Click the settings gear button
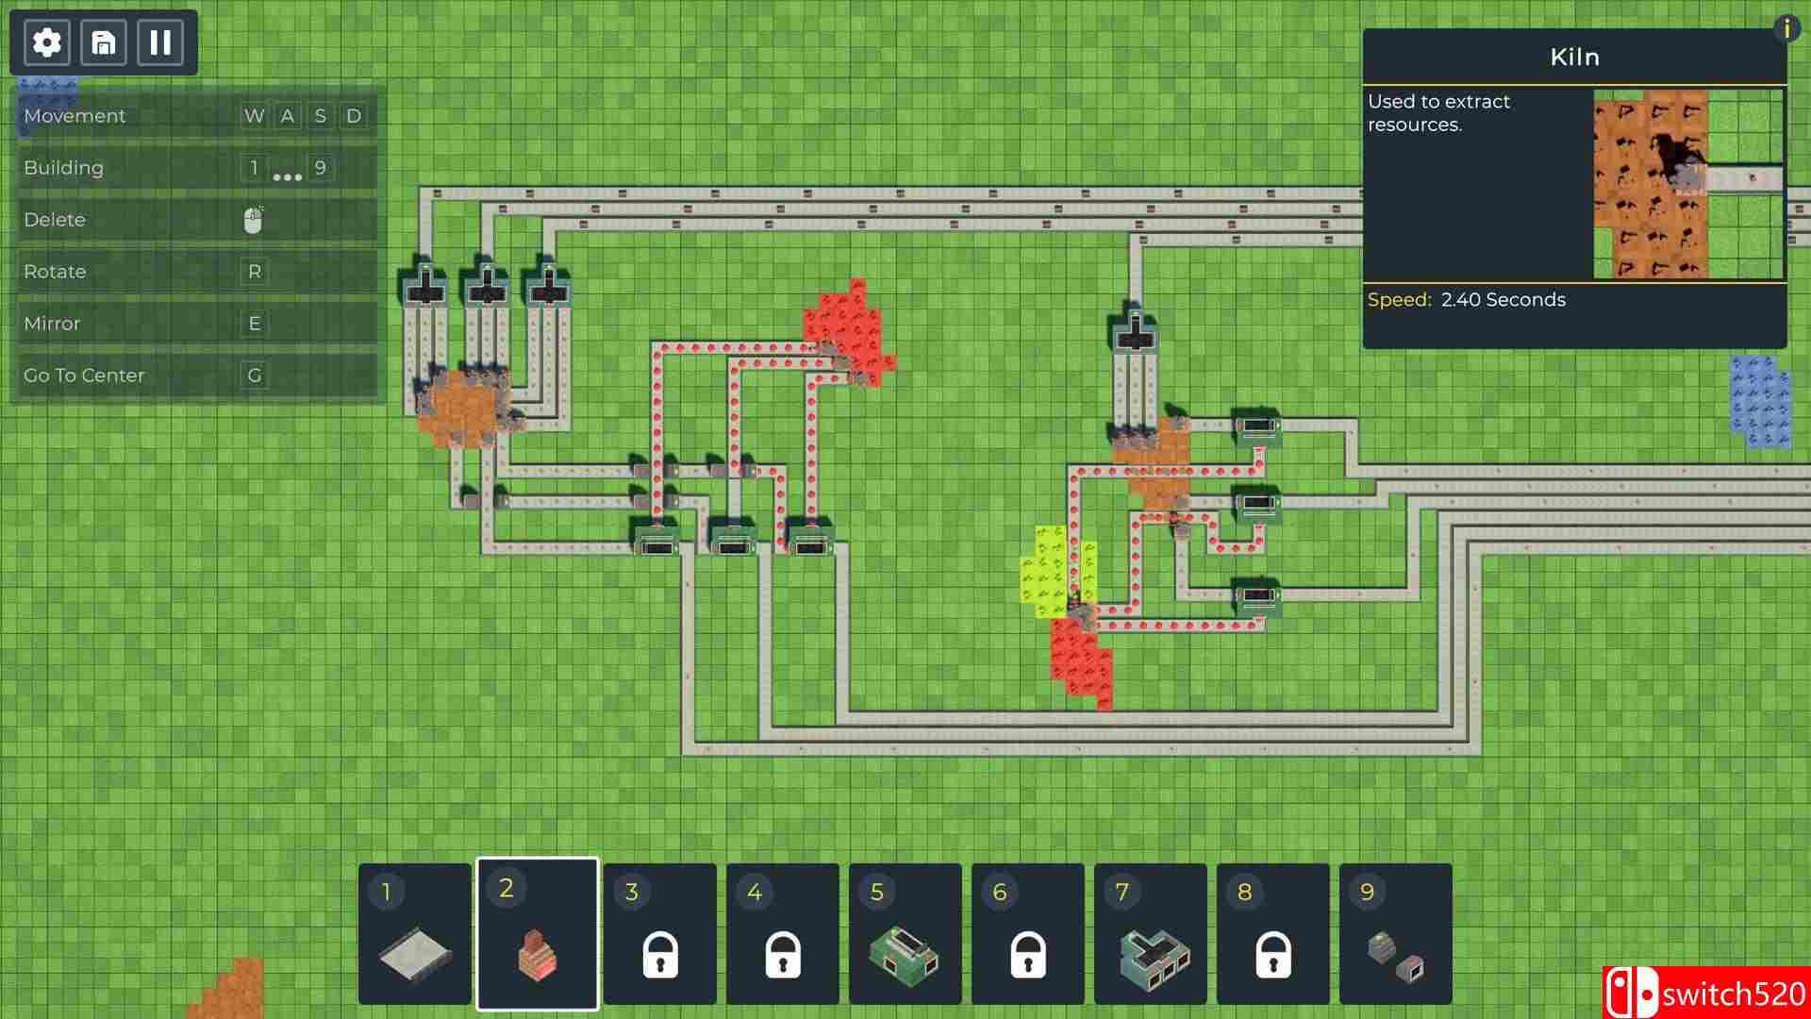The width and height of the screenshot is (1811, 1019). click(46, 42)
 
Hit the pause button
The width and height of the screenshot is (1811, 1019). click(160, 42)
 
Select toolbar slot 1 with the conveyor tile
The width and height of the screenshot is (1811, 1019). click(415, 933)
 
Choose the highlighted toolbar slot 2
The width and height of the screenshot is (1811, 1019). click(538, 933)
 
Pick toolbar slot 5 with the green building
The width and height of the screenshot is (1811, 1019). click(905, 933)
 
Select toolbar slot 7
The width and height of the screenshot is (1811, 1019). click(1151, 933)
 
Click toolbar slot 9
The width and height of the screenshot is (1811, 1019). click(1396, 933)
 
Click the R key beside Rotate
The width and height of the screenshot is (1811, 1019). click(255, 272)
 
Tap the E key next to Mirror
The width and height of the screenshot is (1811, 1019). click(255, 324)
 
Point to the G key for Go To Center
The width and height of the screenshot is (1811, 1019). click(255, 376)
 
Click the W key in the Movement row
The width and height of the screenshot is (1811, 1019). click(255, 116)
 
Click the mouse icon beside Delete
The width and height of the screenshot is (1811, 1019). click(253, 220)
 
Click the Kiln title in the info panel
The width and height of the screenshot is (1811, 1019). click(1575, 58)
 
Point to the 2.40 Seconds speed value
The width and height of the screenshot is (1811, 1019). click(1504, 300)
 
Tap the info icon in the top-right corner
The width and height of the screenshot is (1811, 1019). click(1786, 28)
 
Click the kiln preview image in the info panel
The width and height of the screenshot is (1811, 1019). click(1688, 184)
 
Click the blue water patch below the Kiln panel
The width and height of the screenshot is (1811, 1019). click(1760, 401)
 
